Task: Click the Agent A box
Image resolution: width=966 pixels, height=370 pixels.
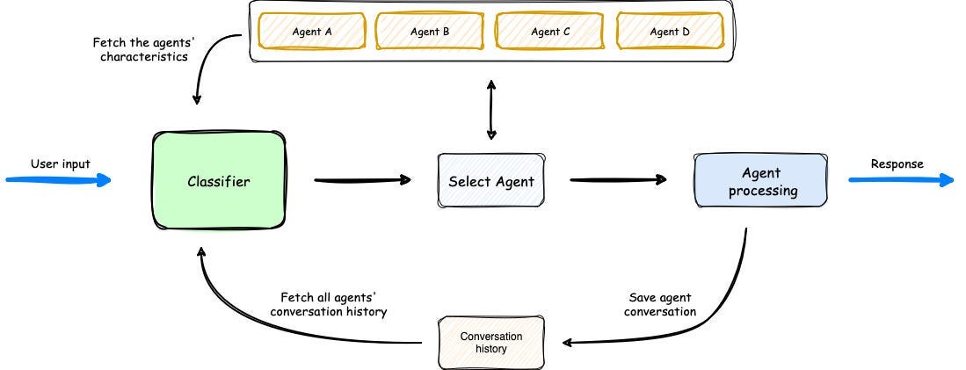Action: (x=311, y=32)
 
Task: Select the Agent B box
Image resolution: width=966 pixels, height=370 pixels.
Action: (x=430, y=32)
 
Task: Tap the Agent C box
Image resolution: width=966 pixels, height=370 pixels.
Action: (x=550, y=32)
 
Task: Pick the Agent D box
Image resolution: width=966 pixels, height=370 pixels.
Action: (x=670, y=32)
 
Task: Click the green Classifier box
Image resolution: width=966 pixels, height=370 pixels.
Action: (x=219, y=182)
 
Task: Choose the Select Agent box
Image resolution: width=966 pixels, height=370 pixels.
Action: (x=490, y=182)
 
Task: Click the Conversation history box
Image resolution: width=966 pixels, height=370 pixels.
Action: (x=490, y=343)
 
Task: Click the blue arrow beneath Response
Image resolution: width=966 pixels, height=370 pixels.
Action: (x=901, y=180)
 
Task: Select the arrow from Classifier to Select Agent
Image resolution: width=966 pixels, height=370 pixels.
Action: (x=362, y=181)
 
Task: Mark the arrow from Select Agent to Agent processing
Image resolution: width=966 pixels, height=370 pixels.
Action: (x=618, y=181)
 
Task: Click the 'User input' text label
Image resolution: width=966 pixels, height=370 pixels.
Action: (x=60, y=163)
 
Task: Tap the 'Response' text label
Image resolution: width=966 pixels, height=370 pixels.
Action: (x=897, y=163)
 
